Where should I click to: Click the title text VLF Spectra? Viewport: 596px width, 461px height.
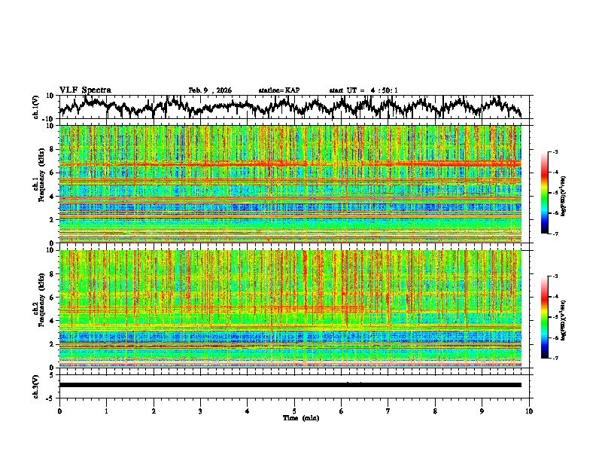85,90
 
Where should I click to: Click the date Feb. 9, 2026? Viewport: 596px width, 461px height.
210,90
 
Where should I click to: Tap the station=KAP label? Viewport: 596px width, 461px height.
279,90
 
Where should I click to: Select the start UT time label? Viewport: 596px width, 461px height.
363,90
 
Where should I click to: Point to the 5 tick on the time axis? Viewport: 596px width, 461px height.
294,411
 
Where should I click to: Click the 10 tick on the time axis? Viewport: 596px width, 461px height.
530,411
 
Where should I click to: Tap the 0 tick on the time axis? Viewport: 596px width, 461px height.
59,411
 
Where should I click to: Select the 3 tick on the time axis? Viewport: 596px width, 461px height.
200,411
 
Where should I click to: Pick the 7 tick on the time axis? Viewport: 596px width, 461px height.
388,411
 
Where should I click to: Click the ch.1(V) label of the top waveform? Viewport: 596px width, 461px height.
36,107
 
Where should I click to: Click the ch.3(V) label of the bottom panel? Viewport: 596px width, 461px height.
36,385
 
